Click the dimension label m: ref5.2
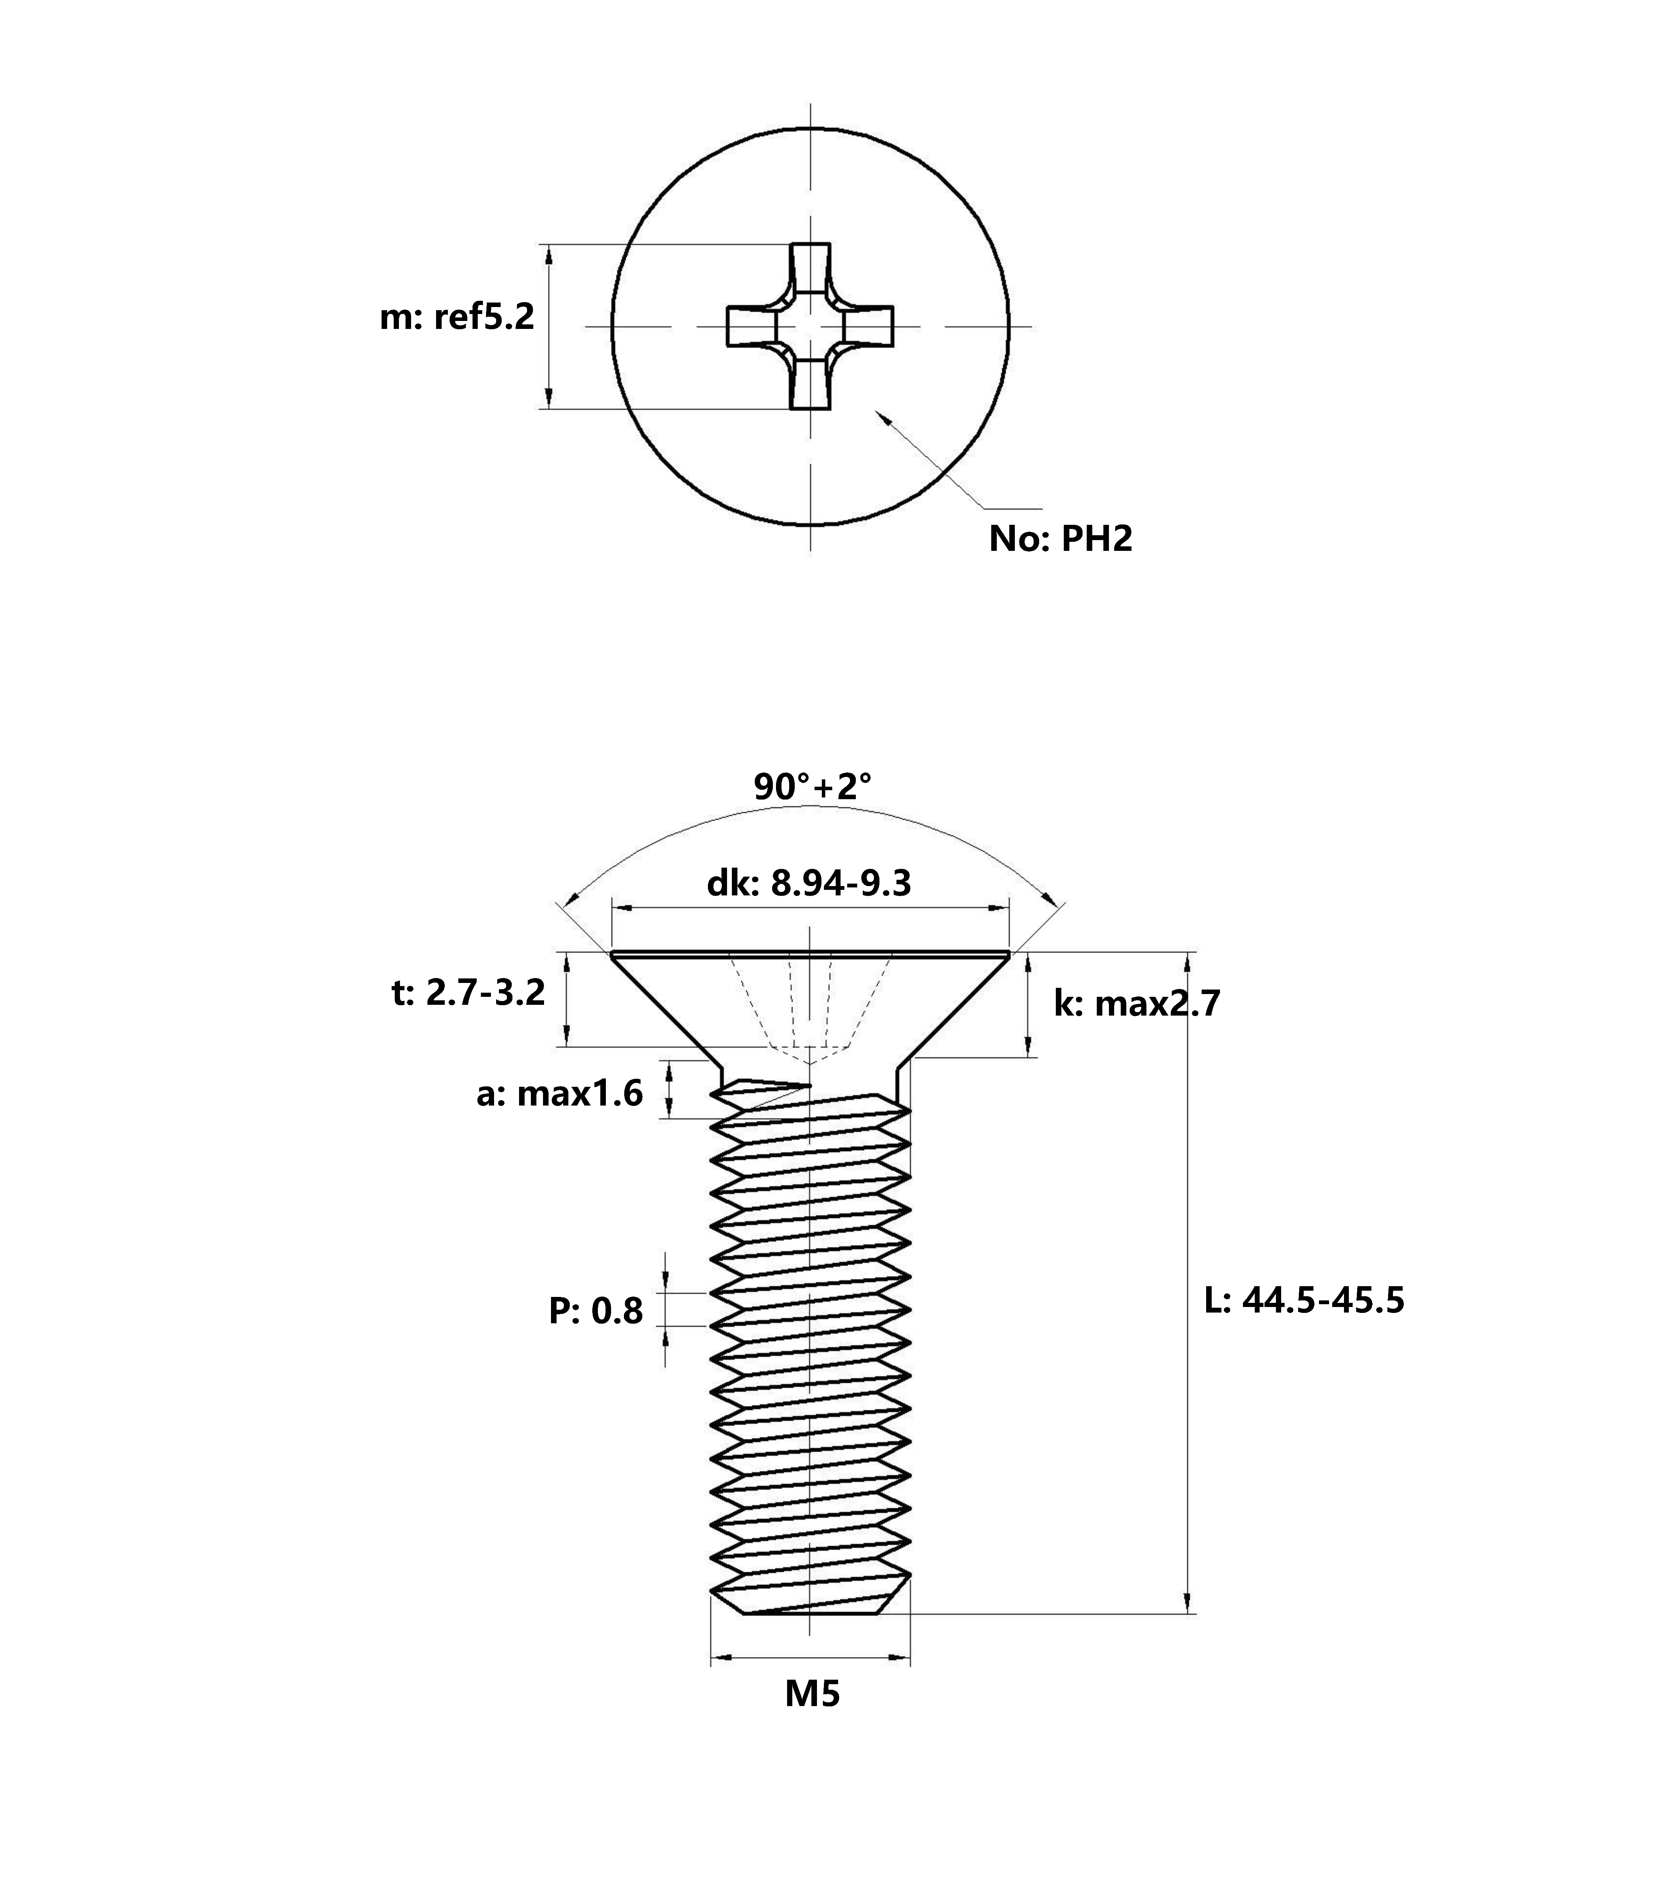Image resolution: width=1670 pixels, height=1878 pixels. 457,318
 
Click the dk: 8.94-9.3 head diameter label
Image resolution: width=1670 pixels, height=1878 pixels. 808,883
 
